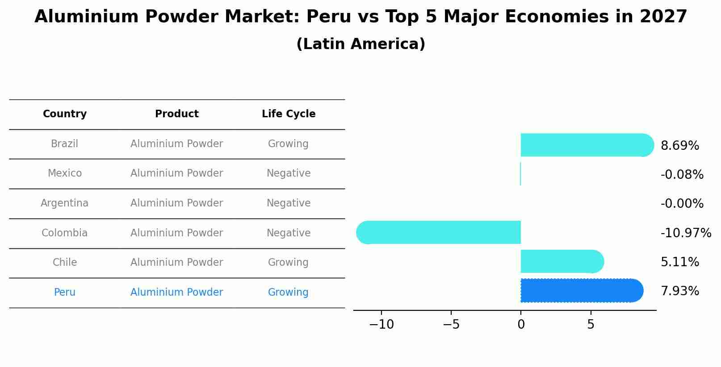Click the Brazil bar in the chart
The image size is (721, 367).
click(x=585, y=145)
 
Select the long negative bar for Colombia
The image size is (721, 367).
click(x=440, y=232)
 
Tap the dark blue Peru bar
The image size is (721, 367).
click(x=581, y=290)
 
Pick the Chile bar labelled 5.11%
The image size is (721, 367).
click(x=561, y=261)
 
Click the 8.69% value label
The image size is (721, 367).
click(x=679, y=146)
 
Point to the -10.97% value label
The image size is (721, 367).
click(x=685, y=233)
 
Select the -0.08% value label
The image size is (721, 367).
click(x=682, y=175)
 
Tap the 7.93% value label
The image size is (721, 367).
click(x=679, y=291)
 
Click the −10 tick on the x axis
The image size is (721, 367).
click(x=381, y=325)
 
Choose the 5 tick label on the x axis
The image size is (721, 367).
click(x=591, y=325)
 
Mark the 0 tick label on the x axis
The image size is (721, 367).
click(x=521, y=325)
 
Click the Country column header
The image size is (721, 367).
click(x=65, y=114)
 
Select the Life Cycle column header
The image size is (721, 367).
click(x=289, y=114)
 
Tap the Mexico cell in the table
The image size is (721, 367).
click(x=65, y=173)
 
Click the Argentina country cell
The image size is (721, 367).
click(x=65, y=203)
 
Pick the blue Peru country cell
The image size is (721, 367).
click(x=65, y=293)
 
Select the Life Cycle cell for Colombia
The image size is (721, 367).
click(x=289, y=233)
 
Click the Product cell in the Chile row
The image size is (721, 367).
click(x=176, y=263)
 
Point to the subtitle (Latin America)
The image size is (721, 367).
click(x=360, y=44)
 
